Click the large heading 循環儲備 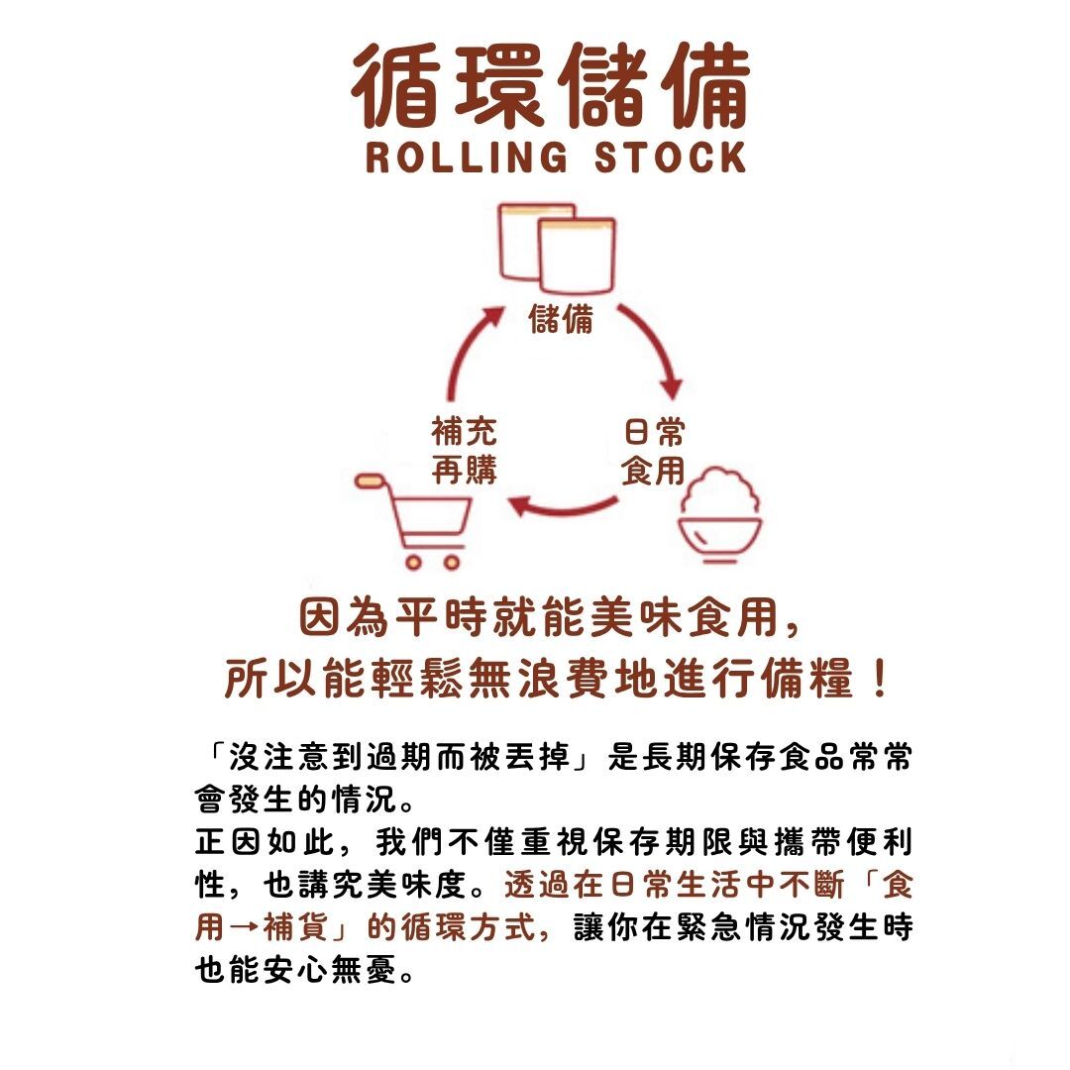(x=551, y=87)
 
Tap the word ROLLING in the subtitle (x=466, y=158)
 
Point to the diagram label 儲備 (x=562, y=319)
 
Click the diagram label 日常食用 (x=653, y=452)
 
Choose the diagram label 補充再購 (x=465, y=452)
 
